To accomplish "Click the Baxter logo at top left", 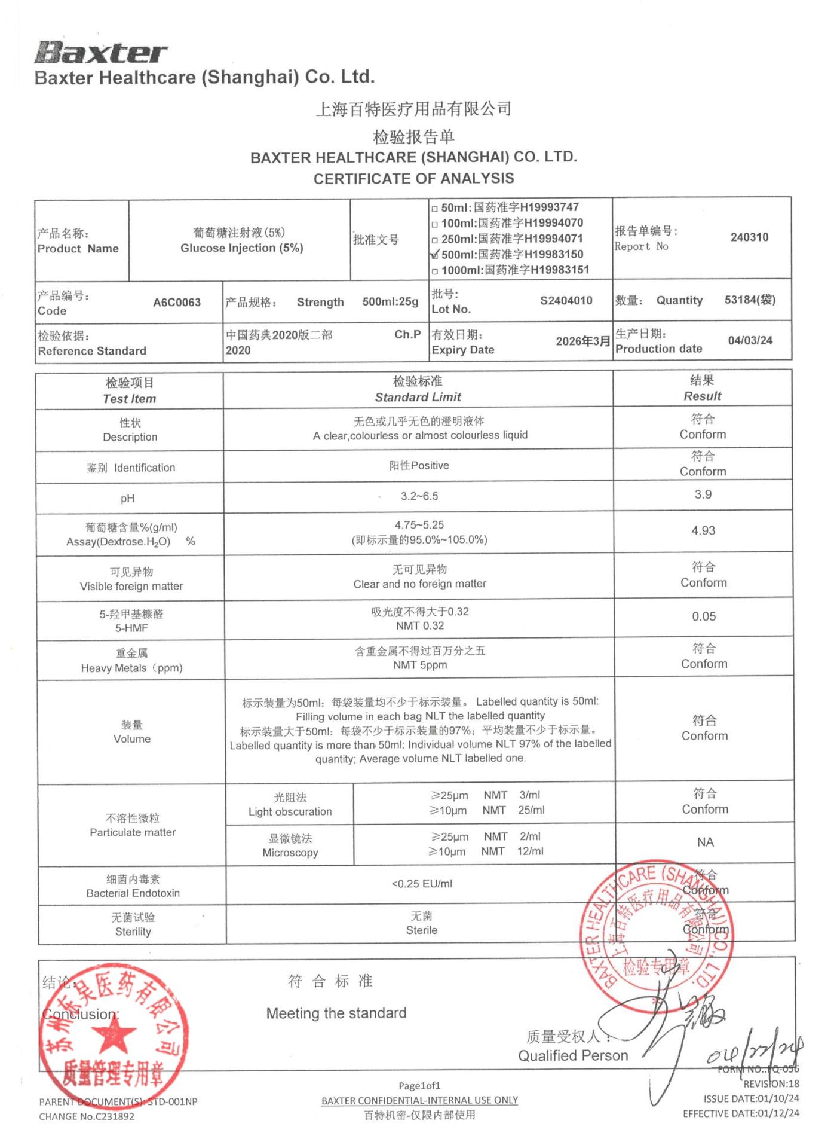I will click(x=101, y=53).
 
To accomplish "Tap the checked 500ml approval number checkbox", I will click(x=435, y=255).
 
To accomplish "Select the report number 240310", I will click(x=749, y=237).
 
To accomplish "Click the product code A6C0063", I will click(x=177, y=303).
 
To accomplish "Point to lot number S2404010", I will click(x=566, y=301).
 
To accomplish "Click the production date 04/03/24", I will click(x=750, y=341).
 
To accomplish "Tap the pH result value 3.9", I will click(x=703, y=495).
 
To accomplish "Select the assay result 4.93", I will click(x=703, y=531).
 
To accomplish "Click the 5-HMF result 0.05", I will click(x=704, y=617).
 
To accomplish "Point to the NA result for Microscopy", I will click(x=705, y=842).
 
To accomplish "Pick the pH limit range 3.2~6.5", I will click(x=419, y=496).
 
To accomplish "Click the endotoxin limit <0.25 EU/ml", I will click(x=422, y=884).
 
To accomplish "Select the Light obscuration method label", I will click(x=290, y=812).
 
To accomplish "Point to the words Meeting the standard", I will click(x=336, y=1013).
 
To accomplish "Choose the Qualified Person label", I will click(x=572, y=1056).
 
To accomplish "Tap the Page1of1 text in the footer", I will click(x=419, y=1086).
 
